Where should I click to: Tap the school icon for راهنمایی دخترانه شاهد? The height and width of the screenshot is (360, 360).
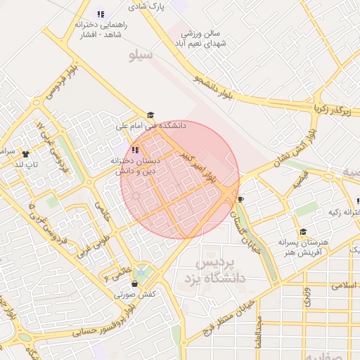(x=101, y=13)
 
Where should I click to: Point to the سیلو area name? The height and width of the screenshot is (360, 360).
(x=141, y=54)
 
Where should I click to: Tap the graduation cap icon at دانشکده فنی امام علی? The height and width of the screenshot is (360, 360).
(x=150, y=116)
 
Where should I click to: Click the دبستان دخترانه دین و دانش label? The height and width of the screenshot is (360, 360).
(x=136, y=166)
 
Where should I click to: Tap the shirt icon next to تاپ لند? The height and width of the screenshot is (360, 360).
(x=26, y=153)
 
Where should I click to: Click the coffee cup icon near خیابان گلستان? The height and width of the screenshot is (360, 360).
(x=241, y=199)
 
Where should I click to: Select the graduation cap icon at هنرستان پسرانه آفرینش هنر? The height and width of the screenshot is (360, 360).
(x=303, y=231)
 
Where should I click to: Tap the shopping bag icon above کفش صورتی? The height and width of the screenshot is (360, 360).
(x=134, y=284)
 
